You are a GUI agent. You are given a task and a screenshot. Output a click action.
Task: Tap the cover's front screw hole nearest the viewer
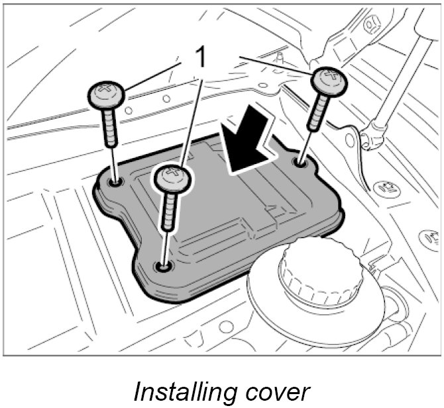point(162,266)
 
